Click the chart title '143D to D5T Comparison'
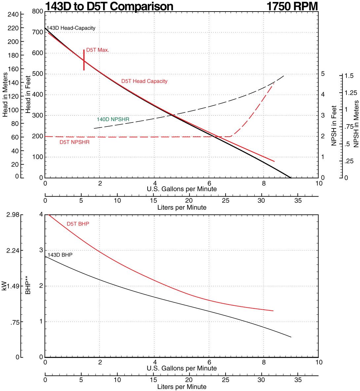click(109, 6)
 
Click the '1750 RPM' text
click(292, 6)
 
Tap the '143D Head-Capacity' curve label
click(71, 28)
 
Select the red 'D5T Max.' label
click(97, 50)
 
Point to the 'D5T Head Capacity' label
click(144, 81)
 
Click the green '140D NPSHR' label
click(113, 119)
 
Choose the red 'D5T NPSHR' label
click(74, 142)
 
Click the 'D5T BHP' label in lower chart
click(78, 224)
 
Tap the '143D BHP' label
click(60, 255)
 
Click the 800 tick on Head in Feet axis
click(38, 12)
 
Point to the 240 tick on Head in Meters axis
click(14, 14)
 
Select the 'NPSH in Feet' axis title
click(334, 126)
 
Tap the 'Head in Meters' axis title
click(5, 94)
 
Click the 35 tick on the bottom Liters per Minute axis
click(298, 380)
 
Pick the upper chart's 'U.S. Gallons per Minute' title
click(182, 189)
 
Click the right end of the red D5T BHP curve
click(273, 311)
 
